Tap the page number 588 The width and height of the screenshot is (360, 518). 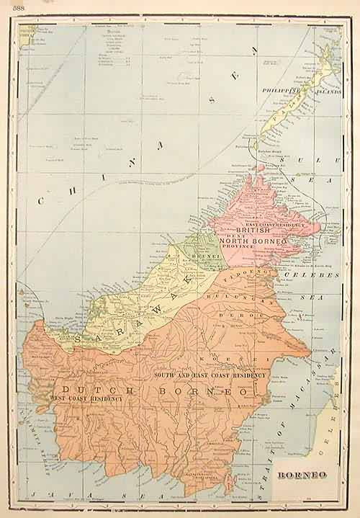coord(9,6)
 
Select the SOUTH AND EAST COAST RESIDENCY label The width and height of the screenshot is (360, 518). coord(210,375)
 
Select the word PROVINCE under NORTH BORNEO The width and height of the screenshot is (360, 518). coord(238,247)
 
